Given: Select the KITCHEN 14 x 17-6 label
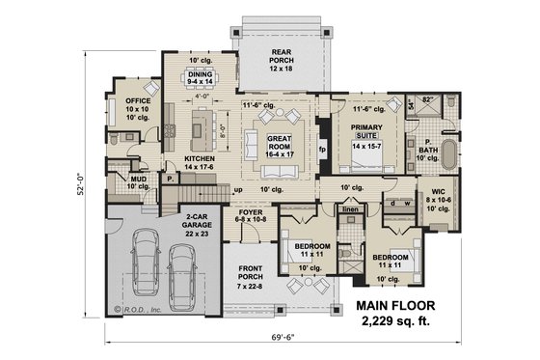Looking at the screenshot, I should (200, 162).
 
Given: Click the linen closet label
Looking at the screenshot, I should (351, 209).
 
